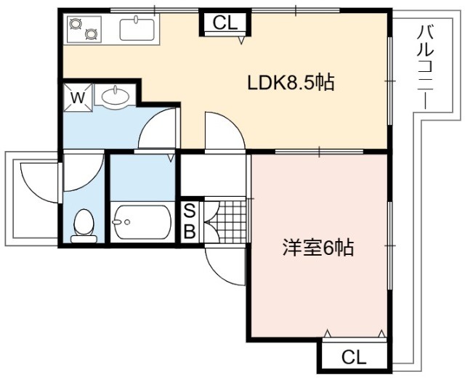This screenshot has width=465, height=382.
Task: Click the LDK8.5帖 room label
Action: click(291, 83)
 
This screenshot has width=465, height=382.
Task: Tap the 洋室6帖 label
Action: click(318, 247)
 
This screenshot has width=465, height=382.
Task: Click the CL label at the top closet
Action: click(226, 23)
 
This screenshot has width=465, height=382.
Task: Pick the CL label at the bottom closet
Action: click(354, 357)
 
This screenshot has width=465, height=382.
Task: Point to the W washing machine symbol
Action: click(78, 97)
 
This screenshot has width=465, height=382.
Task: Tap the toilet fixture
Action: click(84, 226)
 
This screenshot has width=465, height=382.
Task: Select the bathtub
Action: click(142, 222)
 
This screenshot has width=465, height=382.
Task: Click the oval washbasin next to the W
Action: click(116, 96)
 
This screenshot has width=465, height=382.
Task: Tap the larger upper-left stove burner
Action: click(76, 24)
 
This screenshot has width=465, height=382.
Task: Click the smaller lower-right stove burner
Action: click(91, 34)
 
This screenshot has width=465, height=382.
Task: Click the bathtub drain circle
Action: click(127, 222)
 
